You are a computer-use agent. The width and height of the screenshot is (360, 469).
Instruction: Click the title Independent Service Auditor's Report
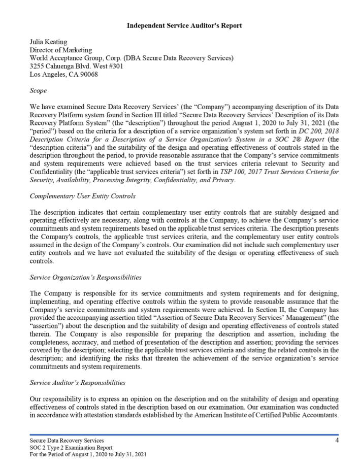pos(184,25)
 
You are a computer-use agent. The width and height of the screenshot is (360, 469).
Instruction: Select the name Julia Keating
pos(49,42)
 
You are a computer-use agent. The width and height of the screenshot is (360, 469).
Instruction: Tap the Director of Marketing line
pos(61,50)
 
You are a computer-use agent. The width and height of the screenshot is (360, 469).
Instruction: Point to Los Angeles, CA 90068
pos(64,75)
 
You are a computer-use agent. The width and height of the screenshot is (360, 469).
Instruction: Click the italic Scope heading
pos(38,91)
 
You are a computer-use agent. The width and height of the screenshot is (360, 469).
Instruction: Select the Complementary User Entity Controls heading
pos(83,196)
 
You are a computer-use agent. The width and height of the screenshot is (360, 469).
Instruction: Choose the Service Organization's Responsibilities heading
pos(86,277)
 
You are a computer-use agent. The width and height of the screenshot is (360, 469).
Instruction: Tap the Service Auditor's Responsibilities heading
pos(78,382)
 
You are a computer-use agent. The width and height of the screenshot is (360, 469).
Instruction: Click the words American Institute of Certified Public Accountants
pos(275,415)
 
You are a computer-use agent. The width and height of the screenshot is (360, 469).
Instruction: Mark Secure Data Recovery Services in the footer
pos(67,441)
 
